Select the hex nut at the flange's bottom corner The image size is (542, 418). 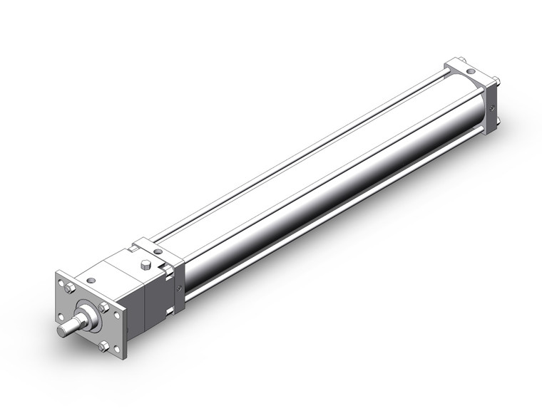click(x=104, y=347)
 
